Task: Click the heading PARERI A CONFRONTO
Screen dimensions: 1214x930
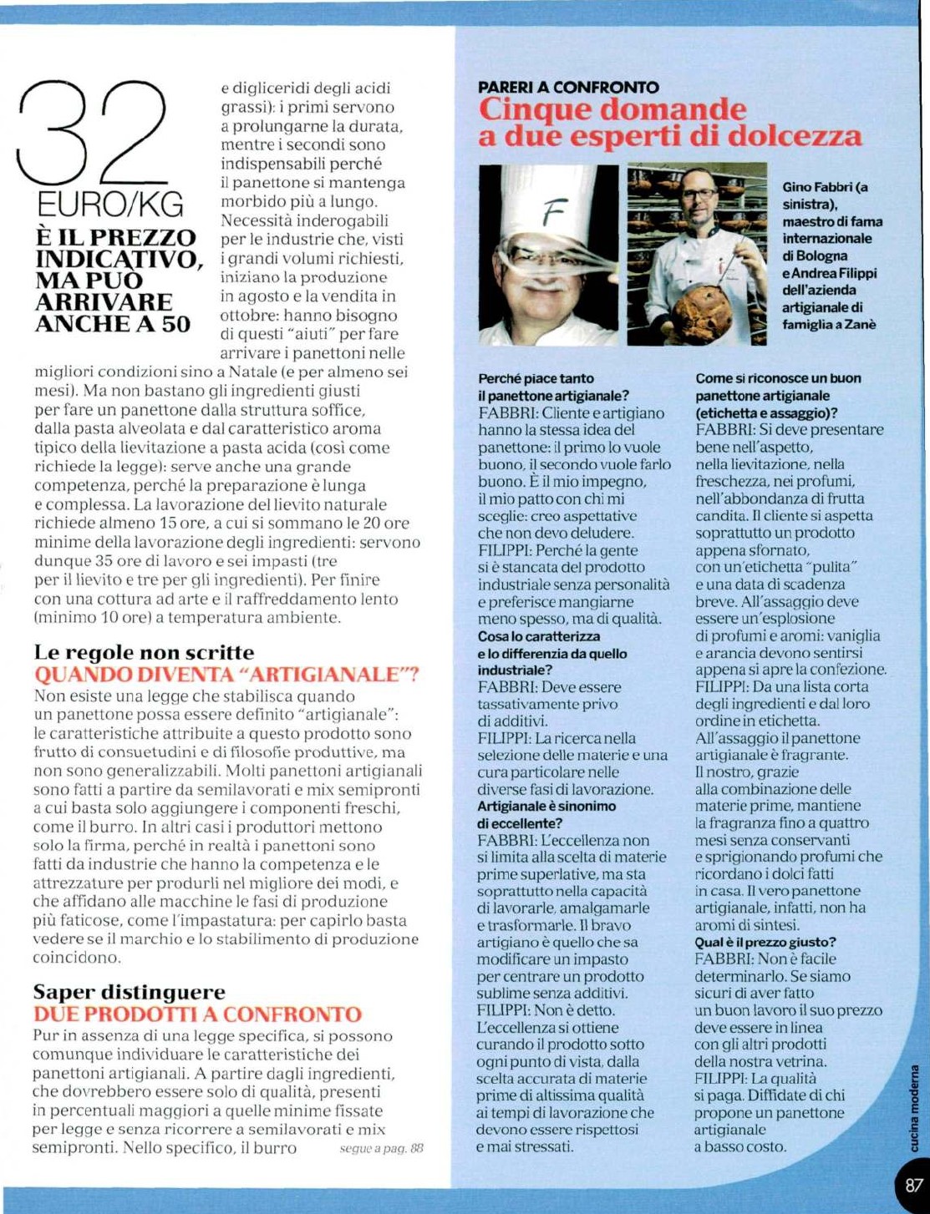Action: (568, 87)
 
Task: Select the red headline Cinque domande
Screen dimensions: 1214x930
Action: (612, 109)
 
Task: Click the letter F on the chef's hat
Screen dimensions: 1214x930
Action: (549, 215)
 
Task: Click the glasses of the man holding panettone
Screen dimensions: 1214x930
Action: (699, 195)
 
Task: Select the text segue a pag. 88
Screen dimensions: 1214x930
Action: (381, 1149)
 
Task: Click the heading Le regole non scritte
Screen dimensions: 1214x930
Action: (144, 653)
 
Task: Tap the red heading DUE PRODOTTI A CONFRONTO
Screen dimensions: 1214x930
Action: (197, 1014)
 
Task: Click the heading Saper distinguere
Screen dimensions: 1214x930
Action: (129, 992)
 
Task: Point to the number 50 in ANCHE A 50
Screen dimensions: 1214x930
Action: (176, 324)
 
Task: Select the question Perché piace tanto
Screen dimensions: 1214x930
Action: (536, 378)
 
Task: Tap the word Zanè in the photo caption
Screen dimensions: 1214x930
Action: (860, 325)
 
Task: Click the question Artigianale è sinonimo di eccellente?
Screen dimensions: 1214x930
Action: (546, 815)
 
